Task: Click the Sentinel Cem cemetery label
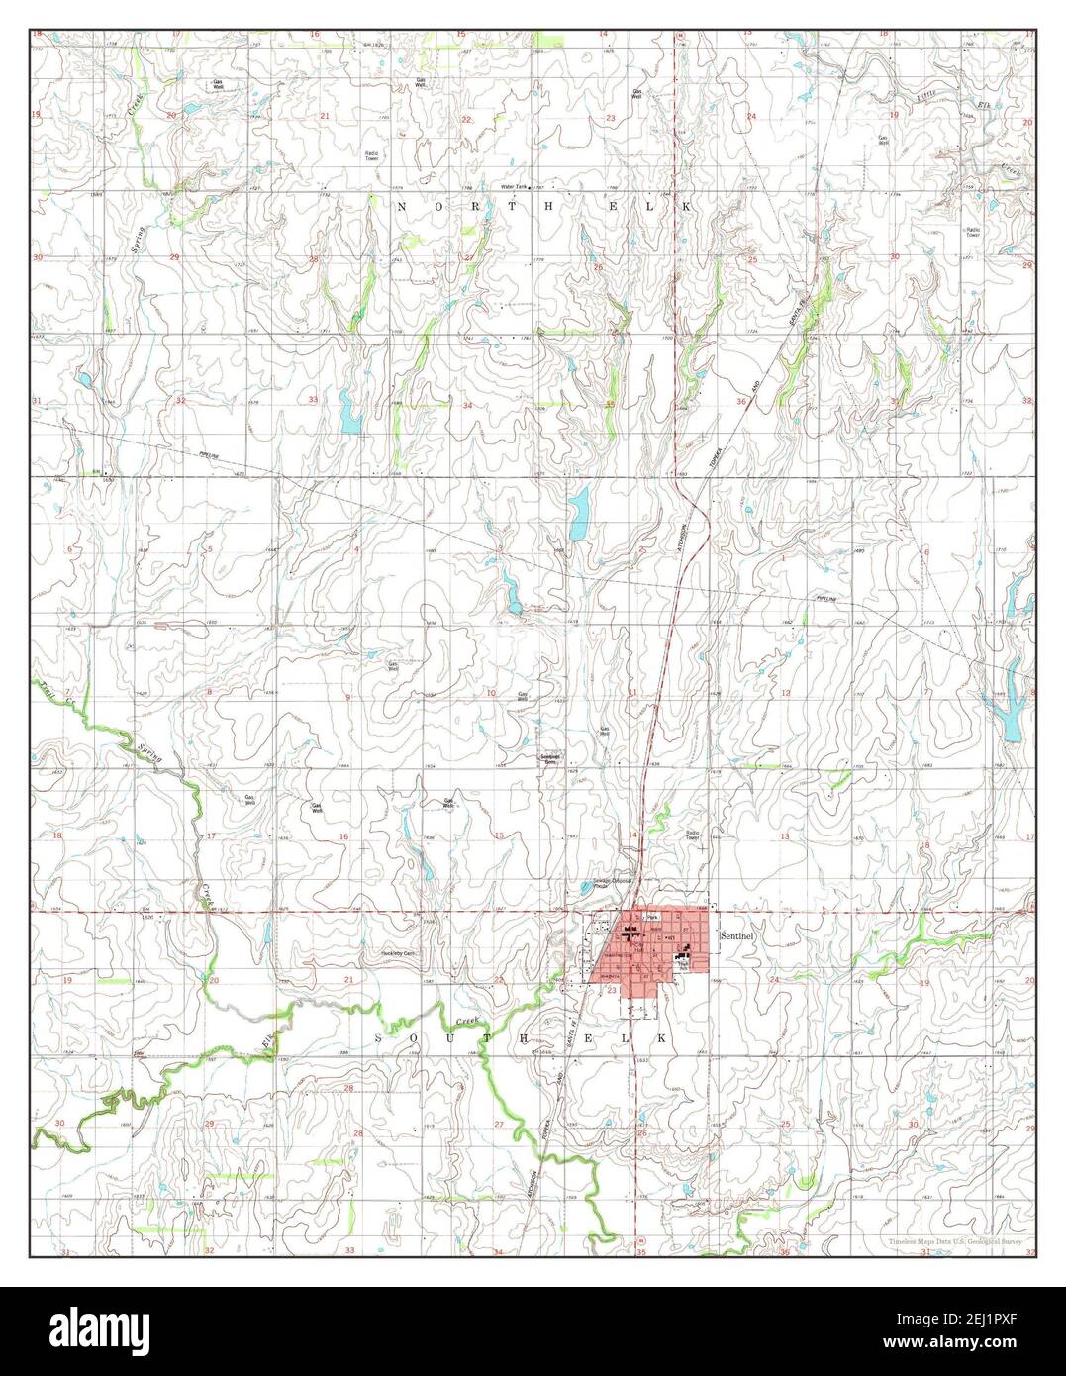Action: pos(550,759)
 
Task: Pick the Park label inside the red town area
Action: pos(651,918)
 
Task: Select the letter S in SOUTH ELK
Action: pos(380,1036)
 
